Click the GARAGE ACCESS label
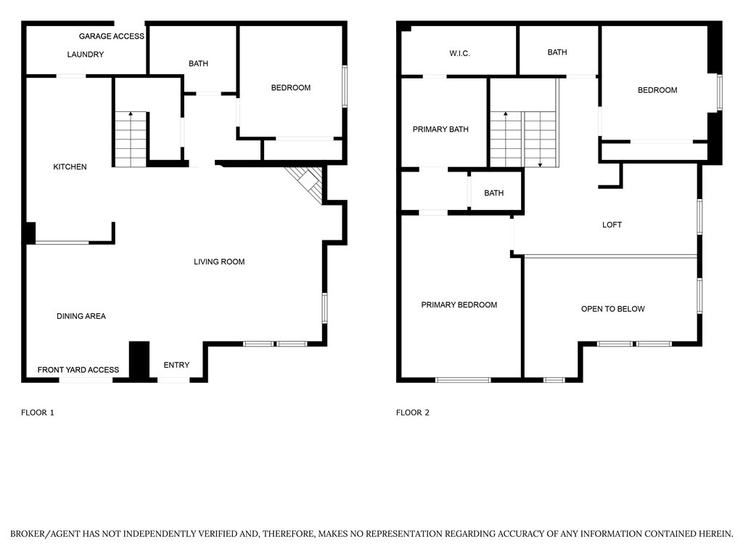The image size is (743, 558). coord(112,36)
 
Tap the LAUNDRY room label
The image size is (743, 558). coord(86,54)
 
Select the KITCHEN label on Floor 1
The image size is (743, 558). coord(70,167)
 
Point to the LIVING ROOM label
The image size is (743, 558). coord(219,262)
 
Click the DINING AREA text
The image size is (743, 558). coord(81,316)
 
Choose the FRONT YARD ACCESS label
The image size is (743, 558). coord(78,370)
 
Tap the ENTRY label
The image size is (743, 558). coord(176,365)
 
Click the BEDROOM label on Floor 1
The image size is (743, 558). coord(290,88)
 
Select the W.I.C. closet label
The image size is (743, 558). coord(460,53)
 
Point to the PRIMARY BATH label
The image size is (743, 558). coord(440,129)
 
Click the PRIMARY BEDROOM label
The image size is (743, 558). coord(459,305)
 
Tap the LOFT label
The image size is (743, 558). coord(612,225)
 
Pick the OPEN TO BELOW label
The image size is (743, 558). coord(612,309)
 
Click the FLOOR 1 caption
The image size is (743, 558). coord(38,413)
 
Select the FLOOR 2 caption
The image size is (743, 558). coord(413,413)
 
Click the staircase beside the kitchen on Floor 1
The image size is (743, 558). coord(131,139)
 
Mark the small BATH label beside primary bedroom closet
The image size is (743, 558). coord(494,193)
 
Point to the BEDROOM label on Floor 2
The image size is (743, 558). coord(657,90)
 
